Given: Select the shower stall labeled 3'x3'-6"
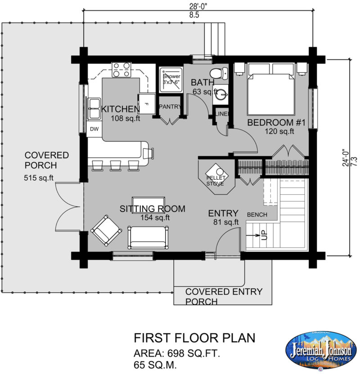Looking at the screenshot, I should click(171, 80).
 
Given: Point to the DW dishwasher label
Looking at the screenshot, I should click(94, 129).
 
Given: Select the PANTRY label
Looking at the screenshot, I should click(170, 107).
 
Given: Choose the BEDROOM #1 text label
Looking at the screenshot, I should click(276, 122).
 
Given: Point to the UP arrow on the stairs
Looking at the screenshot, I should click(262, 234).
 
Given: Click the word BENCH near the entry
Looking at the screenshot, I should click(257, 214).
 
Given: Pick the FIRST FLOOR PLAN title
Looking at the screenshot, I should click(194, 337).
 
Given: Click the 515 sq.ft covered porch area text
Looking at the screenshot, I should click(39, 178).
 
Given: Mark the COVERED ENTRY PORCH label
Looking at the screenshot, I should click(224, 296).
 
